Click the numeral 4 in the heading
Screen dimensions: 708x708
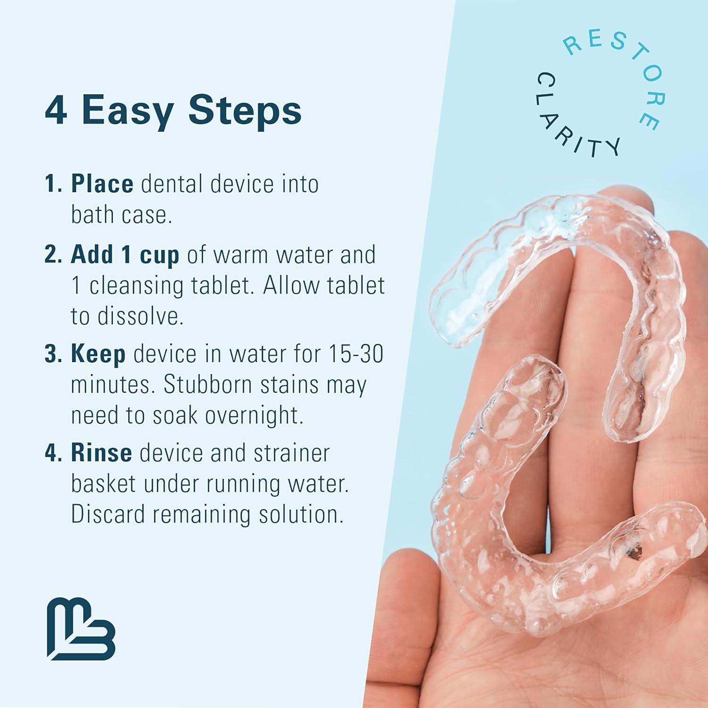click(x=56, y=110)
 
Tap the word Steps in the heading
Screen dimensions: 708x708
click(x=244, y=111)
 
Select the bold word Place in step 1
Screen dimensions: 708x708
click(x=102, y=184)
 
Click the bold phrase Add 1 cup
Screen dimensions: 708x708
click(x=125, y=255)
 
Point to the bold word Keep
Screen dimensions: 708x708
click(x=98, y=354)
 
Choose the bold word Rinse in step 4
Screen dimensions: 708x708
click(x=101, y=453)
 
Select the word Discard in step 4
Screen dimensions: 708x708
click(x=108, y=514)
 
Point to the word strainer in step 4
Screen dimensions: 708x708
click(x=291, y=453)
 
